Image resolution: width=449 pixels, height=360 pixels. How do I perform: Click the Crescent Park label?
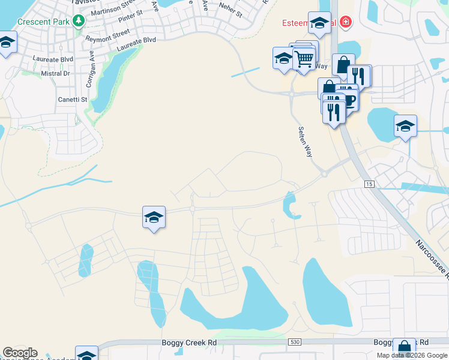tap(44, 22)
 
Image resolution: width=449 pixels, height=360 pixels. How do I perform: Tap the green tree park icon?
tap(78, 22)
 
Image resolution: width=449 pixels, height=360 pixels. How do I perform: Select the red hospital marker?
tap(345, 23)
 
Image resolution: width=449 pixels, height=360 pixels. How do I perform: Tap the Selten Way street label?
tap(306, 142)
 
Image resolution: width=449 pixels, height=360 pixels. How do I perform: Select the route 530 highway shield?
tap(294, 341)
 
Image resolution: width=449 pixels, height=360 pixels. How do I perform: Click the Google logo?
tap(20, 353)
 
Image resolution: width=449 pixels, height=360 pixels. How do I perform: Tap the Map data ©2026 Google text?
tap(412, 355)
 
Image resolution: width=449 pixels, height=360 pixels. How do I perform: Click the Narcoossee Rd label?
tap(432, 259)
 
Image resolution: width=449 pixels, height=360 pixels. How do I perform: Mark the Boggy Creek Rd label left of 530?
tap(189, 343)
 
